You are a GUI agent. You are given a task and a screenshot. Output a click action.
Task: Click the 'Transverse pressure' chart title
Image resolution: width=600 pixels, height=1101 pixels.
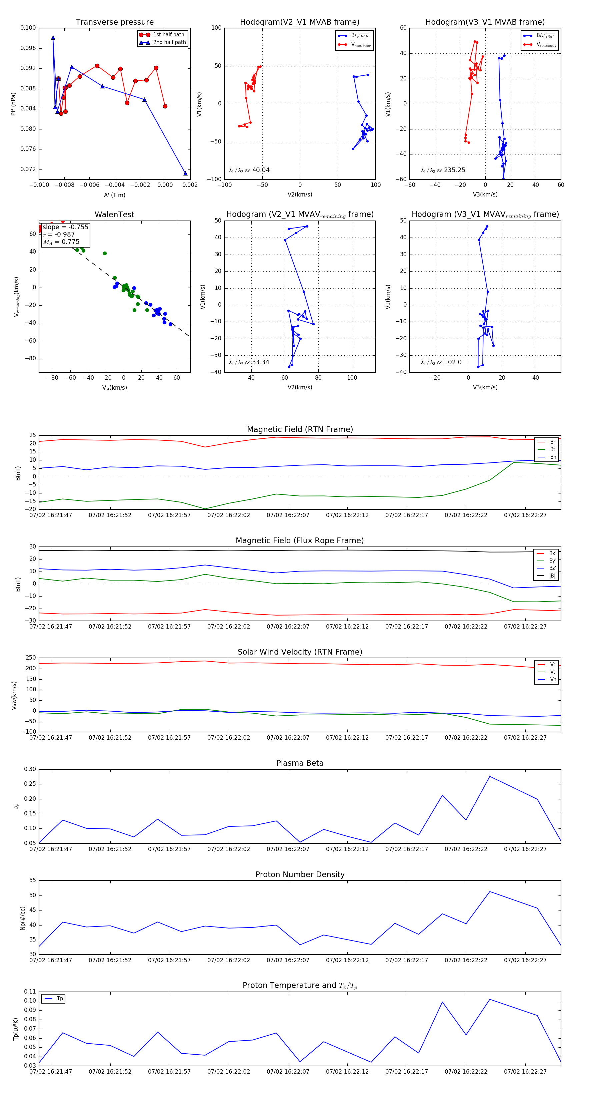[114, 22]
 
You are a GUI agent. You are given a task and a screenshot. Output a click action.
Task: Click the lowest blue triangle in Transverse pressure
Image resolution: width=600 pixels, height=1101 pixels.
[185, 173]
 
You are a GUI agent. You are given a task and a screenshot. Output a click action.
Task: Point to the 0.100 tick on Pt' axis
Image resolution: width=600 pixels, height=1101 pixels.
[28, 28]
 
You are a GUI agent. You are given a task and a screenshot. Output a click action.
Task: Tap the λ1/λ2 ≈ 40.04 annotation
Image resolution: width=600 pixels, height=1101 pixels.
[249, 170]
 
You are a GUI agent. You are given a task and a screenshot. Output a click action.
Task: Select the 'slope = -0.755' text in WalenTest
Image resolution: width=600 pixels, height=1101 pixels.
[65, 227]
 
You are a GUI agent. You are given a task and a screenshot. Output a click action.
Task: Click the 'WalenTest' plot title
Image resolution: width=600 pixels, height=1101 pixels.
[114, 215]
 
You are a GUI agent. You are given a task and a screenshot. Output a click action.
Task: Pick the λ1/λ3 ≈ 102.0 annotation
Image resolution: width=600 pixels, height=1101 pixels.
[441, 362]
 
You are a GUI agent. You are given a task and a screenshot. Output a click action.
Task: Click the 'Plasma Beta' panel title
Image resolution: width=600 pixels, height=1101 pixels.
[300, 763]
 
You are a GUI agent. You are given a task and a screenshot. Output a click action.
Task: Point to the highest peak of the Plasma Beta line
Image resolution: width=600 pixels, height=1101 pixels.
[489, 777]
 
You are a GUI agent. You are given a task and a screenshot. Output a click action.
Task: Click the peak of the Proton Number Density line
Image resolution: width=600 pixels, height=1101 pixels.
[489, 891]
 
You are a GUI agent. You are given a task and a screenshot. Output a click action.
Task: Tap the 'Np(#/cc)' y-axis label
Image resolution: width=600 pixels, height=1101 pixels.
[23, 918]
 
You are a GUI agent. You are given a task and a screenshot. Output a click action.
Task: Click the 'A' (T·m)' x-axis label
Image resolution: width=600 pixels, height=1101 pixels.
[114, 195]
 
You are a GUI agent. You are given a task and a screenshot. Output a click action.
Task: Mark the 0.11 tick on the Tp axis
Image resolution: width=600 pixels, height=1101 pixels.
[30, 992]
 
